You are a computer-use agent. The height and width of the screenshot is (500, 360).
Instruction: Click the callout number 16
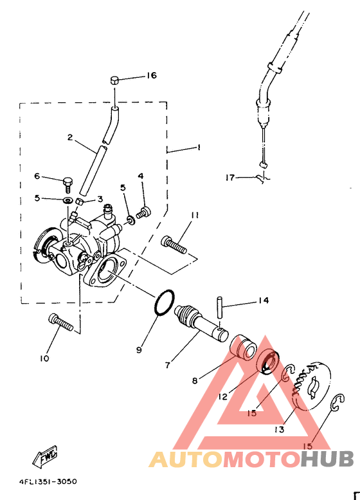click(x=151, y=75)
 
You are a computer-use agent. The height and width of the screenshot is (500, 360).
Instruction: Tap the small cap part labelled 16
click(x=114, y=80)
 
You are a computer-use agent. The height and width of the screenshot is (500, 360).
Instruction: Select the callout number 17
click(x=230, y=178)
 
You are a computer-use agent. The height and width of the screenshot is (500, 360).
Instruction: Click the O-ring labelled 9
click(x=165, y=303)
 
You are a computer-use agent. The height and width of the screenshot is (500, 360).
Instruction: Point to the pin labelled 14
click(x=220, y=307)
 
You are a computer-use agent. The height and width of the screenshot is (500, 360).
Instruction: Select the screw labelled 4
click(x=144, y=213)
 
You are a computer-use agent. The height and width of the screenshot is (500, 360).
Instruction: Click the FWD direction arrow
click(x=44, y=456)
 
